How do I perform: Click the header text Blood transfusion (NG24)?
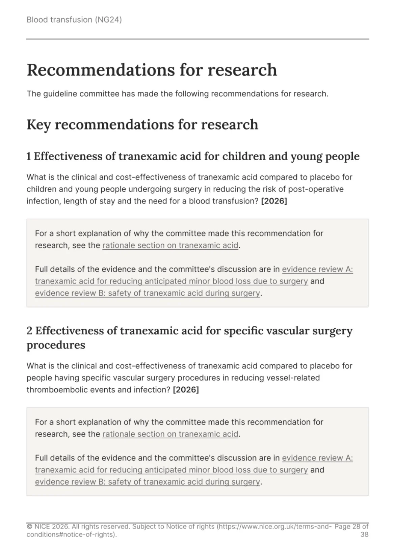coord(74,20)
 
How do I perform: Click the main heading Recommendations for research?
coord(152,70)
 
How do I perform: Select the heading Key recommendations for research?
coord(142,125)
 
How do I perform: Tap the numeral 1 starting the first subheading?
coord(29,156)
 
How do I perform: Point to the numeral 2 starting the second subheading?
coord(29,331)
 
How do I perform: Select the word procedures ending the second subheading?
coord(56,345)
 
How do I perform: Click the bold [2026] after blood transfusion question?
coord(274,201)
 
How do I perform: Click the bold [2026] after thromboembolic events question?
coord(186,390)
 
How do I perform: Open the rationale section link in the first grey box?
coord(170,245)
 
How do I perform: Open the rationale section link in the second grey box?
coord(170,434)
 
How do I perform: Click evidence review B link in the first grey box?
coord(148,293)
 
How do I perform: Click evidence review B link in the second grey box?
coord(148,482)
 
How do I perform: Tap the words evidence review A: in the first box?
coord(317,269)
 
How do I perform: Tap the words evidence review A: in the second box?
coord(317,458)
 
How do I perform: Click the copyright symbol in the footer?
coord(29,526)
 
